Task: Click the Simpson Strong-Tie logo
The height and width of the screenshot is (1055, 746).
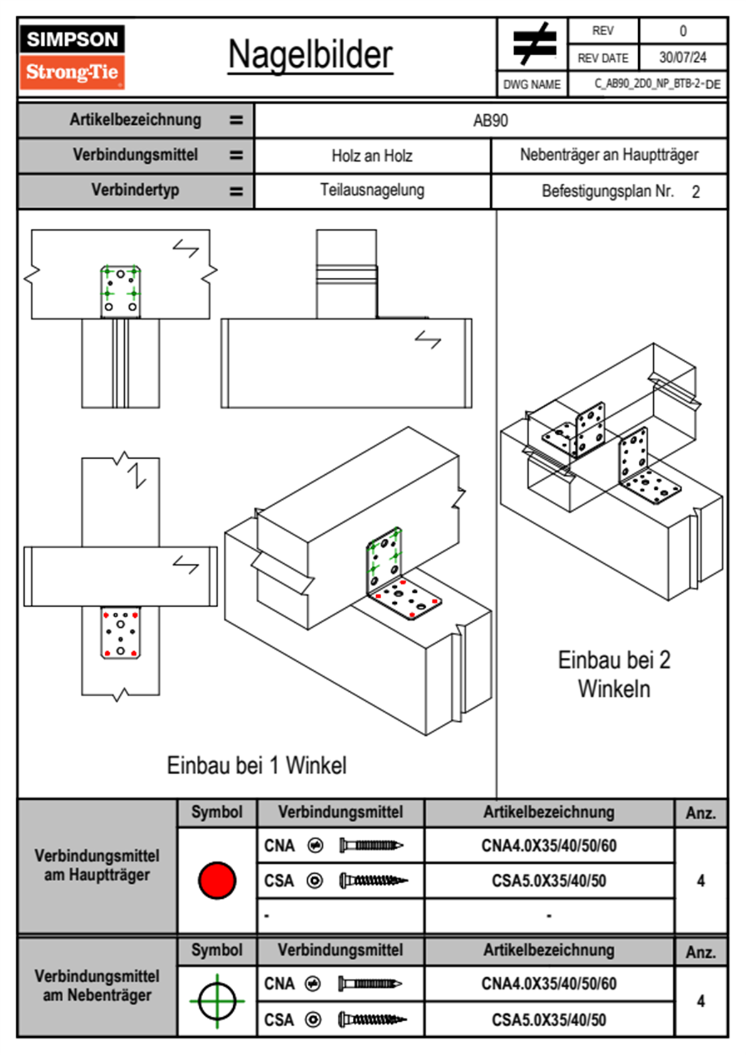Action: (x=72, y=56)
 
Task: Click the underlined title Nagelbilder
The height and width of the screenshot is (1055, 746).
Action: (x=310, y=55)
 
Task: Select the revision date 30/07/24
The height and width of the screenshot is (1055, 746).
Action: (x=682, y=58)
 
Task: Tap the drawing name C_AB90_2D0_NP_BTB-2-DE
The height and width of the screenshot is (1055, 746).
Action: (x=657, y=84)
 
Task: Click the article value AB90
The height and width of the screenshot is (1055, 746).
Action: (x=490, y=120)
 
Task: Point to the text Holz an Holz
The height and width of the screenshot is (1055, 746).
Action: (x=372, y=156)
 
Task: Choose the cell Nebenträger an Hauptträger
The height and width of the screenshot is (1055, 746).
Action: (x=609, y=155)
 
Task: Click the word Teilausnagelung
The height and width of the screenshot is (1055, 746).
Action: (x=372, y=190)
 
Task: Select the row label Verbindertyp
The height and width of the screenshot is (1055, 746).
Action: (x=135, y=190)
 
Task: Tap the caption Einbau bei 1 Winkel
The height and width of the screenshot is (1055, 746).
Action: (x=256, y=765)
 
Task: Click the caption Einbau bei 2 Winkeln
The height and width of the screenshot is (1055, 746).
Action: (x=614, y=674)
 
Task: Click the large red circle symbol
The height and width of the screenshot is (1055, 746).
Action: (x=217, y=880)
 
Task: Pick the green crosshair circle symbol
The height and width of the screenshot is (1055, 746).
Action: (x=217, y=1001)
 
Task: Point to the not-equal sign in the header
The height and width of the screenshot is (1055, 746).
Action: (x=533, y=44)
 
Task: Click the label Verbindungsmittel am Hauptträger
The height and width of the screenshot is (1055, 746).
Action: (x=97, y=865)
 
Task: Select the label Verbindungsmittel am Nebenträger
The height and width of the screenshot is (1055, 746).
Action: (x=97, y=985)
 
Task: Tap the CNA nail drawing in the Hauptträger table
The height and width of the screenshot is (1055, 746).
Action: (x=371, y=846)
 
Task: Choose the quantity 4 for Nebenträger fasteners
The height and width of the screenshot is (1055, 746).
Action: (x=700, y=1001)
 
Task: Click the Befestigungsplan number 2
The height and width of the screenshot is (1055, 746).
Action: (x=696, y=192)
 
